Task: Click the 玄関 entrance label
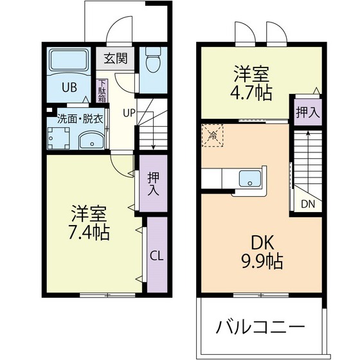point(116,58)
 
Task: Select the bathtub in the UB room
point(69,62)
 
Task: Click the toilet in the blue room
point(152,62)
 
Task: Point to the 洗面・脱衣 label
point(80,118)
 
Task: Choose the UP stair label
point(129,113)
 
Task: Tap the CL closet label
point(156,255)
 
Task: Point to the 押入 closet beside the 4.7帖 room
point(307,112)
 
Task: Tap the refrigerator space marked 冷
point(212,136)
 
